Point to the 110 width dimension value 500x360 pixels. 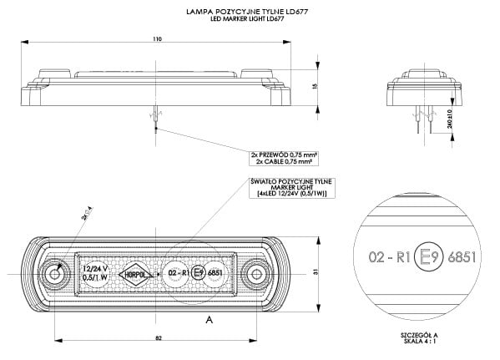point(158,38)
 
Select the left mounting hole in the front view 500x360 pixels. point(55,273)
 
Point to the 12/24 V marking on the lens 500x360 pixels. point(93,268)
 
